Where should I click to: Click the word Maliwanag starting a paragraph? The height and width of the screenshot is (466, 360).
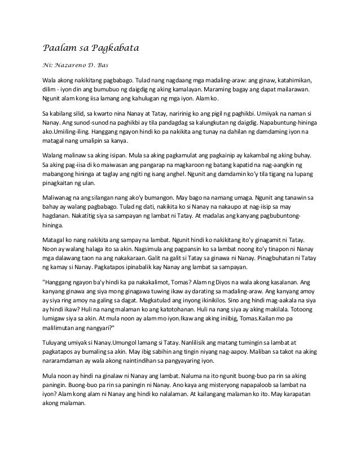click(x=62, y=199)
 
